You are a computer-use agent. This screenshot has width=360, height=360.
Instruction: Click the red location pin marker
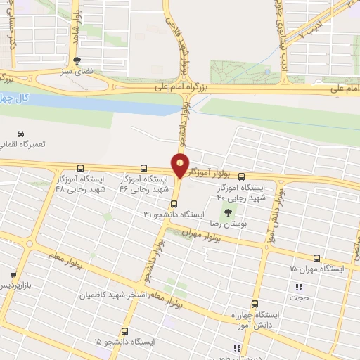[180, 165]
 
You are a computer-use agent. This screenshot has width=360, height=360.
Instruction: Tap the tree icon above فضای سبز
[77, 60]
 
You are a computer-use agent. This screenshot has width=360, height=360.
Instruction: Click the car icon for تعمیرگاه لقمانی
[20, 134]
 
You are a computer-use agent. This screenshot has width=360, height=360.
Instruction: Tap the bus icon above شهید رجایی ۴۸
[80, 169]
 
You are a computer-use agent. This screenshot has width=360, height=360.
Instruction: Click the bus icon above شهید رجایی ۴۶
[144, 169]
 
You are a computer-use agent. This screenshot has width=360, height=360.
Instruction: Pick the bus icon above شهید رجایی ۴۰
[243, 177]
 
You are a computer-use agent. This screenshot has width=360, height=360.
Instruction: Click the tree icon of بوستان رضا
[227, 212]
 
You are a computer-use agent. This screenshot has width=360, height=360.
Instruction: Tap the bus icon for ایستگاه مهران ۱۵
[317, 258]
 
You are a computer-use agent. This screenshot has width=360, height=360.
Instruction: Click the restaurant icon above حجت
[299, 286]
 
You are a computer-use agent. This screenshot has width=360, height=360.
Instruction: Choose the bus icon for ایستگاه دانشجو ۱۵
[125, 330]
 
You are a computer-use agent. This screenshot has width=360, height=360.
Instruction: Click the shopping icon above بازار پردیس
[13, 275]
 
